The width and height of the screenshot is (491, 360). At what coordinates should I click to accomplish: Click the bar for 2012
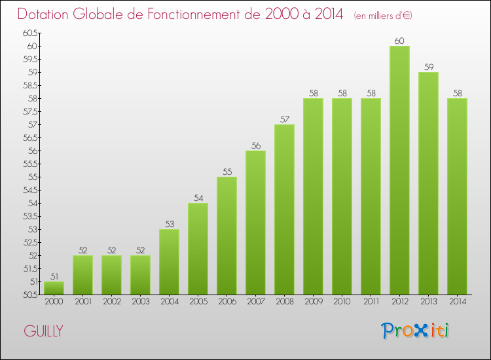[399, 170]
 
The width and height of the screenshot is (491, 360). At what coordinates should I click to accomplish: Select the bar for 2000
[54, 288]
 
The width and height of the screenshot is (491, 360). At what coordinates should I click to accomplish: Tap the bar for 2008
[284, 209]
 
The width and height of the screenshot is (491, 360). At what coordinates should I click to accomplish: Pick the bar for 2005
[198, 249]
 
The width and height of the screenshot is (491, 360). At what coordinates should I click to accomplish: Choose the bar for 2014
[457, 196]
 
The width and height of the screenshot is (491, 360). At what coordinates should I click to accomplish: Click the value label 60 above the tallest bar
[399, 41]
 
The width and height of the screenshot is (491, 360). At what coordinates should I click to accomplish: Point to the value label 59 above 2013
[428, 67]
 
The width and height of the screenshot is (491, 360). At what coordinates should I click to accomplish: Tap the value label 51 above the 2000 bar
[54, 277]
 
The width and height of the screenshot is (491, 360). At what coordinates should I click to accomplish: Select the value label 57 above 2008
[284, 120]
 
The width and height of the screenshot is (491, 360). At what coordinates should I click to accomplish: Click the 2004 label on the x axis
[169, 302]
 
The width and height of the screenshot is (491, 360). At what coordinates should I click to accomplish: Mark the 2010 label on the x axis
[342, 302]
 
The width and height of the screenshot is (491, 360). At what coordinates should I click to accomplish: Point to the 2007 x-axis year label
[255, 302]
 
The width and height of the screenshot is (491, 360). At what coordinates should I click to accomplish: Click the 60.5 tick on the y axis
[29, 33]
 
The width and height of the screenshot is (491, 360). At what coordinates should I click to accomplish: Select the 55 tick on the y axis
[33, 177]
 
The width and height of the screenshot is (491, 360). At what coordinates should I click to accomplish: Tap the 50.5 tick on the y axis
[29, 295]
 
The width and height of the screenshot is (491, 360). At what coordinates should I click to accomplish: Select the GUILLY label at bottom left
[43, 331]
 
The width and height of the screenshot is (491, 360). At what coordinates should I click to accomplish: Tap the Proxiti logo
[416, 331]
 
